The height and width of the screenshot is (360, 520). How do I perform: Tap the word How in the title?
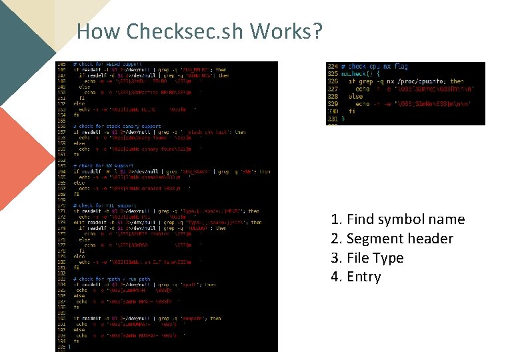[99, 31]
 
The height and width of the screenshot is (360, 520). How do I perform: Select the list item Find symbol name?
[397, 219]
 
